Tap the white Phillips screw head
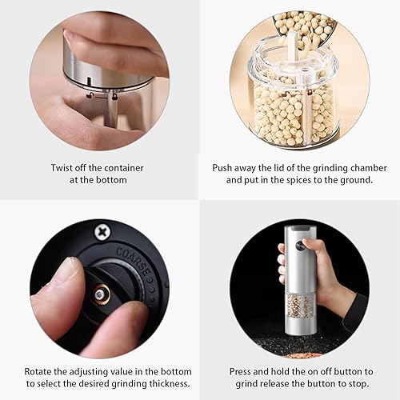102,233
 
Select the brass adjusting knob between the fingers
100,294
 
